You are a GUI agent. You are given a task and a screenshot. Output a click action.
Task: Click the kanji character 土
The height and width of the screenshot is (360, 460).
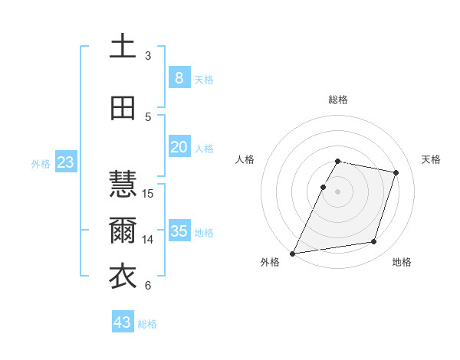point(123,47)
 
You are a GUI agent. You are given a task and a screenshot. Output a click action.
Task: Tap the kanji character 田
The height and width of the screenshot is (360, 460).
point(123,108)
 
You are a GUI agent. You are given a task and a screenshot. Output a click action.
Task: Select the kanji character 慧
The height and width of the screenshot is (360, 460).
point(123,185)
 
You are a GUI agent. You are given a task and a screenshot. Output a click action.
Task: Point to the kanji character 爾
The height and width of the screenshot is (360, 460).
point(123,231)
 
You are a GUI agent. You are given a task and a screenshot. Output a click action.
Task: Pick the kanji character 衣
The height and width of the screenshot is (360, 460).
point(123,277)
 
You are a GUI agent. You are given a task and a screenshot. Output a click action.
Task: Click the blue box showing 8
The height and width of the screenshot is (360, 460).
point(179,78)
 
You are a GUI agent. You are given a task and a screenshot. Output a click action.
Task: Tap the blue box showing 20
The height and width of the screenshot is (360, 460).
point(179,147)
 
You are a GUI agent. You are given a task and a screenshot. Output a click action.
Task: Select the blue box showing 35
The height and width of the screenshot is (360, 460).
point(179,231)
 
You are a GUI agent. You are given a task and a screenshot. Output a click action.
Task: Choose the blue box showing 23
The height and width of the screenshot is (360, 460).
point(65,162)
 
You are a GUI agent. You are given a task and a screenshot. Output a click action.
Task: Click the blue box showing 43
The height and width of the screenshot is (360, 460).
point(123,322)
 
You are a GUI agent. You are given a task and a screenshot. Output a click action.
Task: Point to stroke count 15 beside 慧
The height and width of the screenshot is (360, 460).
point(149,193)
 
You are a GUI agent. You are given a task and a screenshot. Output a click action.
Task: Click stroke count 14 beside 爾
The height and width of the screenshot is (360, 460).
point(149,239)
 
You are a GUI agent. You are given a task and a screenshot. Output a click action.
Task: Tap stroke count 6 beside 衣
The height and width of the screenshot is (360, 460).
point(148,286)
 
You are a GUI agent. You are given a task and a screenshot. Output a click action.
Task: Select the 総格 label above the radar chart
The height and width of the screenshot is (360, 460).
point(338,100)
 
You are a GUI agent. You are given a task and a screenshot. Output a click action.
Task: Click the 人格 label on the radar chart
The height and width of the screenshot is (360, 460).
point(245,159)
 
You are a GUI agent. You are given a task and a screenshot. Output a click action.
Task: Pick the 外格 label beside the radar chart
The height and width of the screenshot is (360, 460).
point(270,263)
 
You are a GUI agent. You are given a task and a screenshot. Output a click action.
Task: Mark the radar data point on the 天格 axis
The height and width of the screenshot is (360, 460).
point(396,173)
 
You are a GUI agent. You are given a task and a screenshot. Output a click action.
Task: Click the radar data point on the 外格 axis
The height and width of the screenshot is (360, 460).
point(292,253)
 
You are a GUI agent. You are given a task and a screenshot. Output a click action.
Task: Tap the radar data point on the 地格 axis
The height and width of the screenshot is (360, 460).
point(374,242)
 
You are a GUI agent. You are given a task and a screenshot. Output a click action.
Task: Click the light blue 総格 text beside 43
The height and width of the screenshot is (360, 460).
point(147,324)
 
